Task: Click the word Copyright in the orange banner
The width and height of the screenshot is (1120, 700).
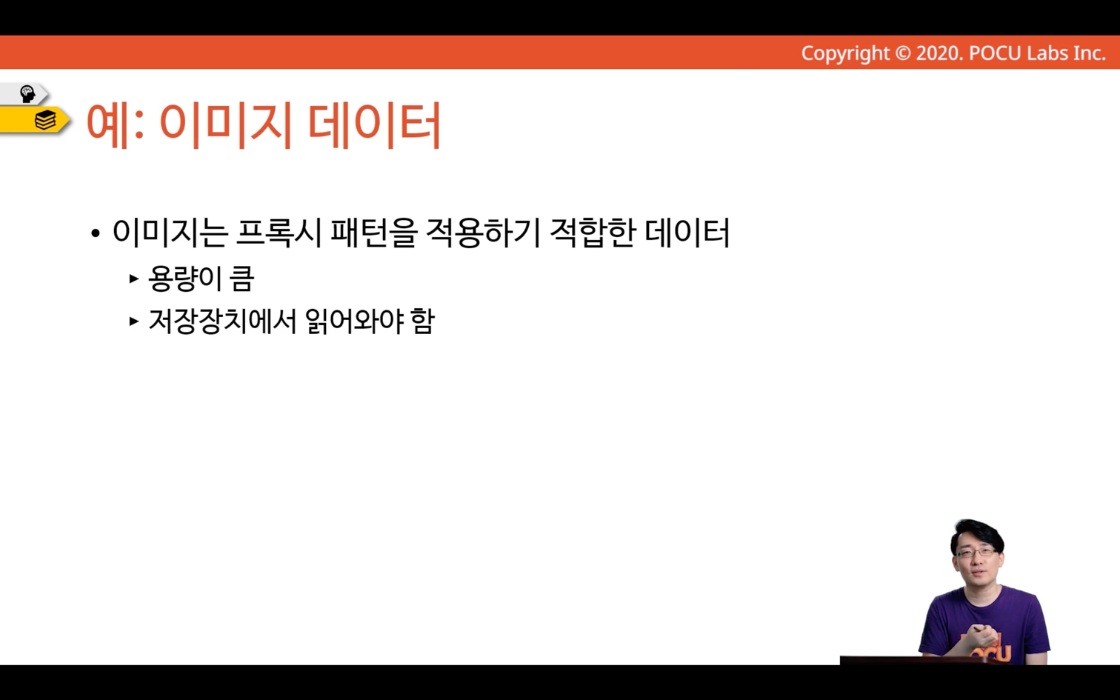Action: click(x=845, y=53)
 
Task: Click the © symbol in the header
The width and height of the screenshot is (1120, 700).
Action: click(x=903, y=53)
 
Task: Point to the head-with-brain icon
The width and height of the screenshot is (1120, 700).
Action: click(x=27, y=94)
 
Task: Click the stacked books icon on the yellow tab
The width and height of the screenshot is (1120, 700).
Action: click(x=45, y=120)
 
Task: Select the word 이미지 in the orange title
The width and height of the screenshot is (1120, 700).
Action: click(x=226, y=125)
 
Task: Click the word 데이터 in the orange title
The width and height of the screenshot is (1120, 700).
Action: click(x=375, y=125)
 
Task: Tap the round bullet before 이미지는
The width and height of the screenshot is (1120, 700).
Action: click(x=96, y=233)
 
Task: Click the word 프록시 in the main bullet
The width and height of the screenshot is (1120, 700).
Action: click(x=278, y=233)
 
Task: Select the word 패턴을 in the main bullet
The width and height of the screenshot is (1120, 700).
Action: click(x=373, y=233)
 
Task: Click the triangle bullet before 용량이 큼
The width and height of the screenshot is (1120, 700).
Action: click(x=133, y=279)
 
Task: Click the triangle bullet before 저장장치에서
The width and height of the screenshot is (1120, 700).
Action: click(x=133, y=321)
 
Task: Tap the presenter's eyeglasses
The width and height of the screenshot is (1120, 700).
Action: click(x=976, y=552)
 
